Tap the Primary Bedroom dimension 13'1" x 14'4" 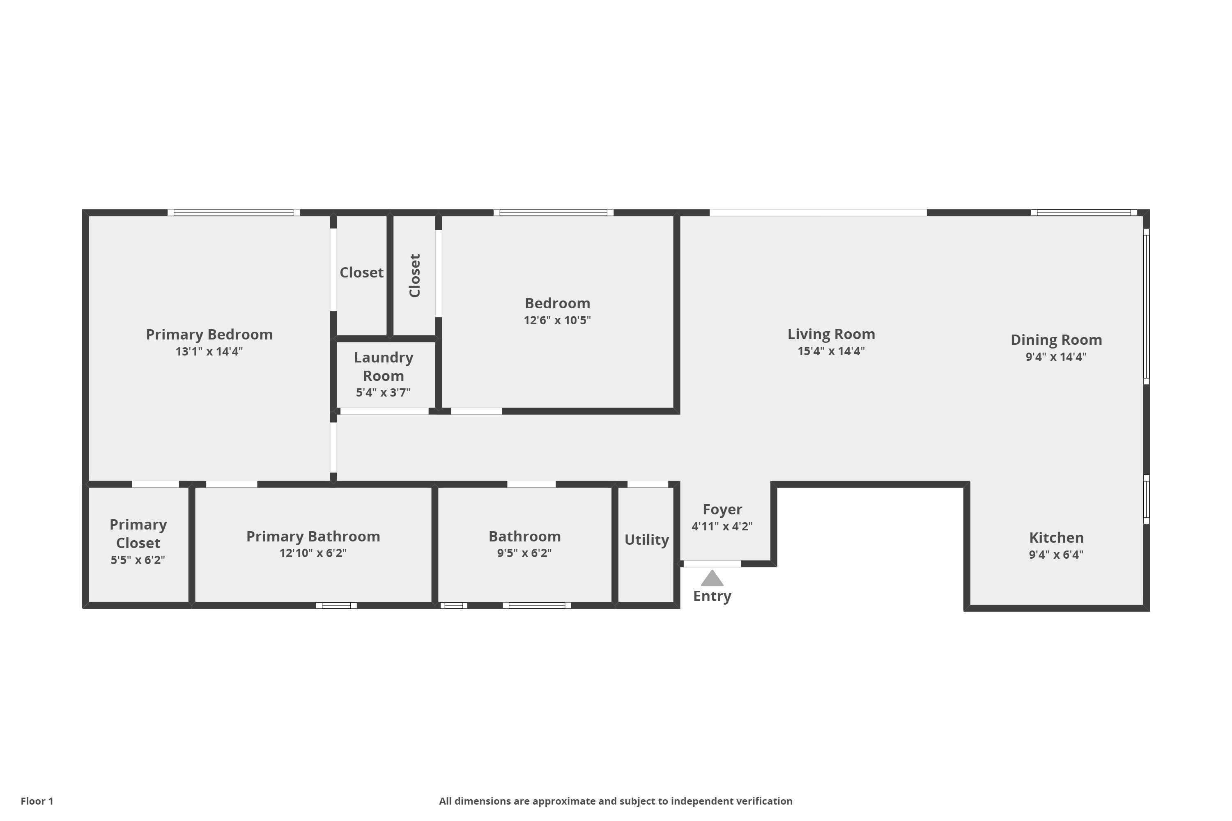click(x=209, y=351)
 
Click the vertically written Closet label click(x=414, y=275)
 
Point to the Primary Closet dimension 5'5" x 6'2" click(x=138, y=560)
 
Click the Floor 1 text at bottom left click(x=37, y=801)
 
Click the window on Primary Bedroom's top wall click(x=234, y=213)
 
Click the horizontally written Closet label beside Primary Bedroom click(x=361, y=273)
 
